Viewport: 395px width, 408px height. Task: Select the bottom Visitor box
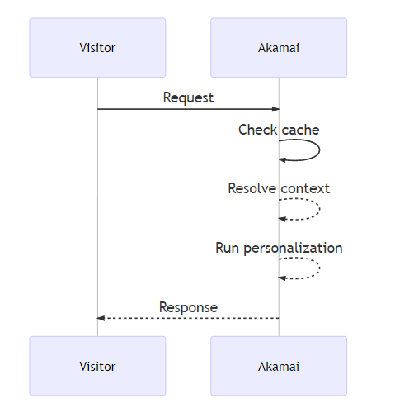click(x=97, y=365)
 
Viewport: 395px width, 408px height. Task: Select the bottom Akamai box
click(x=279, y=365)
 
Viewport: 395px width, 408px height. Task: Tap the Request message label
click(x=188, y=97)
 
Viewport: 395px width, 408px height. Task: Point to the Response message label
click(x=188, y=307)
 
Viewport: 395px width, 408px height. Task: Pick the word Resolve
click(x=252, y=188)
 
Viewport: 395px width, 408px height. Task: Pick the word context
click(x=305, y=188)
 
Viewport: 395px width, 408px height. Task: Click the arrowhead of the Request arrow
click(x=275, y=109)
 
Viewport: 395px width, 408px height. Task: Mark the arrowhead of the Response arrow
click(x=101, y=318)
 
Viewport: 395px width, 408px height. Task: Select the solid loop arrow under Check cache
click(x=318, y=149)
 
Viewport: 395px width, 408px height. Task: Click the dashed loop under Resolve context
click(x=318, y=209)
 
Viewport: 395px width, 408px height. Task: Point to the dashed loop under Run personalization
click(x=318, y=268)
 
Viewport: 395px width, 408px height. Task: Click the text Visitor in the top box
click(x=97, y=47)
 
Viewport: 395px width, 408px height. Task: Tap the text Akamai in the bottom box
click(x=279, y=366)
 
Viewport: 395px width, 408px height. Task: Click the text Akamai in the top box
click(x=279, y=47)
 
